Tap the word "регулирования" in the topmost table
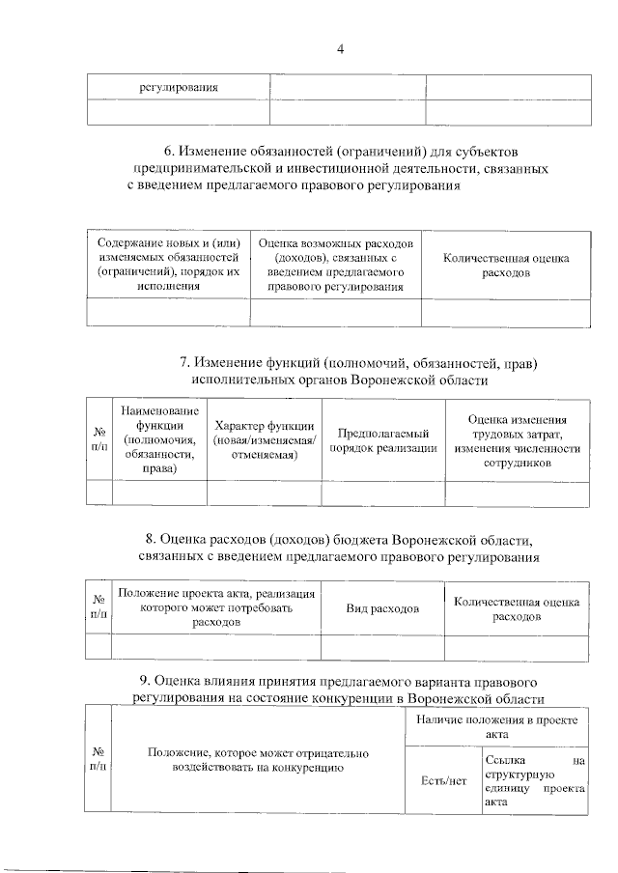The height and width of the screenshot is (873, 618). click(x=178, y=87)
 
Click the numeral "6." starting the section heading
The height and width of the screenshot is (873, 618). click(x=169, y=153)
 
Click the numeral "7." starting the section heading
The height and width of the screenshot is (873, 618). click(x=185, y=363)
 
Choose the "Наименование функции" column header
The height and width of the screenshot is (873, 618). click(x=158, y=439)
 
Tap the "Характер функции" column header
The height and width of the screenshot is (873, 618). click(x=264, y=439)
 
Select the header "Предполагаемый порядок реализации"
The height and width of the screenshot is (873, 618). click(x=382, y=439)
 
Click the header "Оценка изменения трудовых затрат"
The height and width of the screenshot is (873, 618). click(x=517, y=440)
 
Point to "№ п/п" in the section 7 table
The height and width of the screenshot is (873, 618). click(x=98, y=439)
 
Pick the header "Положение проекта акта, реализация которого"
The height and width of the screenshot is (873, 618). click(x=216, y=608)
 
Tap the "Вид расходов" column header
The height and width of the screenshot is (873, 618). click(x=382, y=609)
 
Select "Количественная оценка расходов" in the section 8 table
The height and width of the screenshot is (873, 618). click(x=517, y=609)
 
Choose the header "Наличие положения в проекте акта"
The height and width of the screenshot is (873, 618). click(x=497, y=726)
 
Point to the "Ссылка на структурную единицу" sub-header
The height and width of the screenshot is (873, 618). click(x=535, y=780)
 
